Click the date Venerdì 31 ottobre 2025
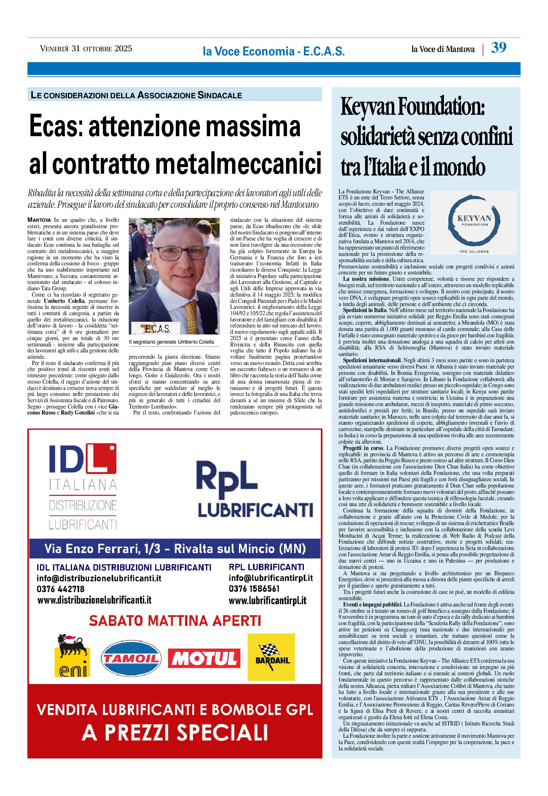tap(86, 49)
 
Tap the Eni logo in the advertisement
tap(72, 656)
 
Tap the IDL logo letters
tap(82, 459)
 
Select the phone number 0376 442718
tap(60, 589)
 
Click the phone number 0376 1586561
tap(254, 589)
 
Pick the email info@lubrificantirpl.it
tap(270, 578)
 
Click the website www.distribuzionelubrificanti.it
tap(94, 600)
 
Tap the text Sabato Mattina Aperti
tap(175, 621)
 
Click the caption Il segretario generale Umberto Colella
tap(171, 342)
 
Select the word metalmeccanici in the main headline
tap(239, 163)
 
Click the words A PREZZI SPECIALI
tap(175, 733)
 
